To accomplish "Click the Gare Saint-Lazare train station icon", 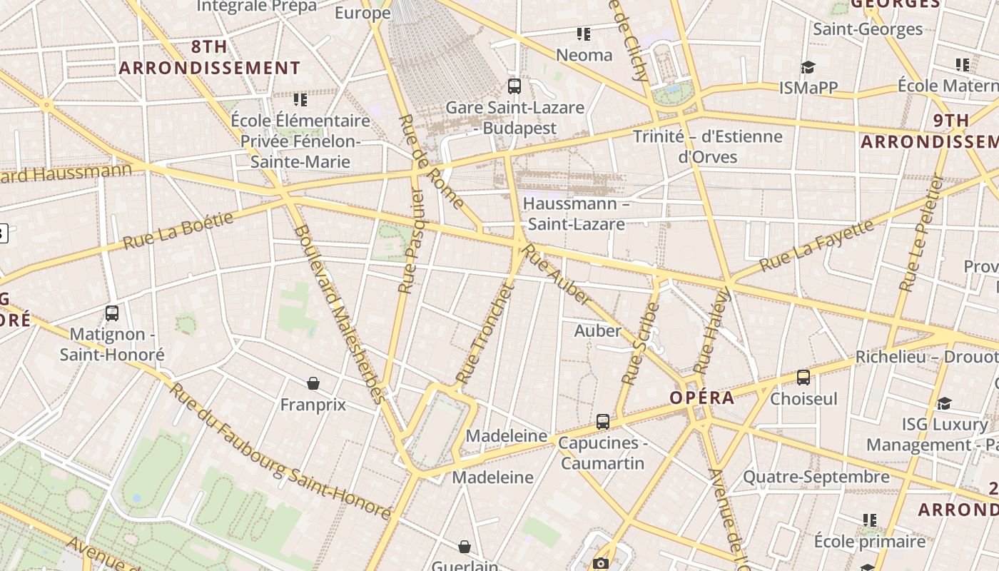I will tap(514, 86).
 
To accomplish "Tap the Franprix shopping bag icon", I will tap(313, 384).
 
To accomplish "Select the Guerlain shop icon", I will tap(465, 547).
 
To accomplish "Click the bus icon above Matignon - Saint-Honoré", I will tap(111, 313).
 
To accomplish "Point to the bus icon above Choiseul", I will tap(803, 378).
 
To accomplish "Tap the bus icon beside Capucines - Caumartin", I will tap(603, 422).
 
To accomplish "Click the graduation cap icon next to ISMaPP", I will tap(808, 67).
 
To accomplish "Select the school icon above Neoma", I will tap(584, 34).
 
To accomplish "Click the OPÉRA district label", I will tap(702, 398).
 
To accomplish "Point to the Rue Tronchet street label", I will tap(485, 334).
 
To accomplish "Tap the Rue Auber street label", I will tap(557, 274).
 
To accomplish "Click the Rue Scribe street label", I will tap(640, 343).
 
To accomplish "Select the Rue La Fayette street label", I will tap(816, 246).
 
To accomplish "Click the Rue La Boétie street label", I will tap(178, 230).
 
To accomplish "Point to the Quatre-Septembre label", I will tap(816, 477).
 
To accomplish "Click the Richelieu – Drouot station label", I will tap(926, 356).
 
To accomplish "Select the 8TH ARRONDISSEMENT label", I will tap(210, 58).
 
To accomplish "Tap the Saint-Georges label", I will tap(868, 29).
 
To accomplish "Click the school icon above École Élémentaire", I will tap(300, 99).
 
